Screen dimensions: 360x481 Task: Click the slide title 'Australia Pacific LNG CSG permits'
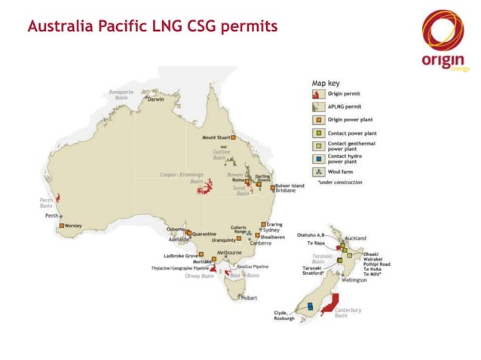pyautogui.click(x=152, y=27)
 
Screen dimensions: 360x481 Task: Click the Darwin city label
pyautogui.click(x=156, y=99)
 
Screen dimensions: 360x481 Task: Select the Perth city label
pyautogui.click(x=52, y=215)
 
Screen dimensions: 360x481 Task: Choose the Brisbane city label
pyautogui.click(x=285, y=191)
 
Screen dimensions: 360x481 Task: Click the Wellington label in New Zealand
pyautogui.click(x=354, y=280)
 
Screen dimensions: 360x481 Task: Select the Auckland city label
pyautogui.click(x=355, y=238)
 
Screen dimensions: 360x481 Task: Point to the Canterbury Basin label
pyautogui.click(x=348, y=313)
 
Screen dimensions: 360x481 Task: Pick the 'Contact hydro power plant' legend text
pyautogui.click(x=344, y=159)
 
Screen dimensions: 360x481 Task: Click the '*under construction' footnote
pyautogui.click(x=340, y=182)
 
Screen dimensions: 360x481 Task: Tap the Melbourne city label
pyautogui.click(x=229, y=253)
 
